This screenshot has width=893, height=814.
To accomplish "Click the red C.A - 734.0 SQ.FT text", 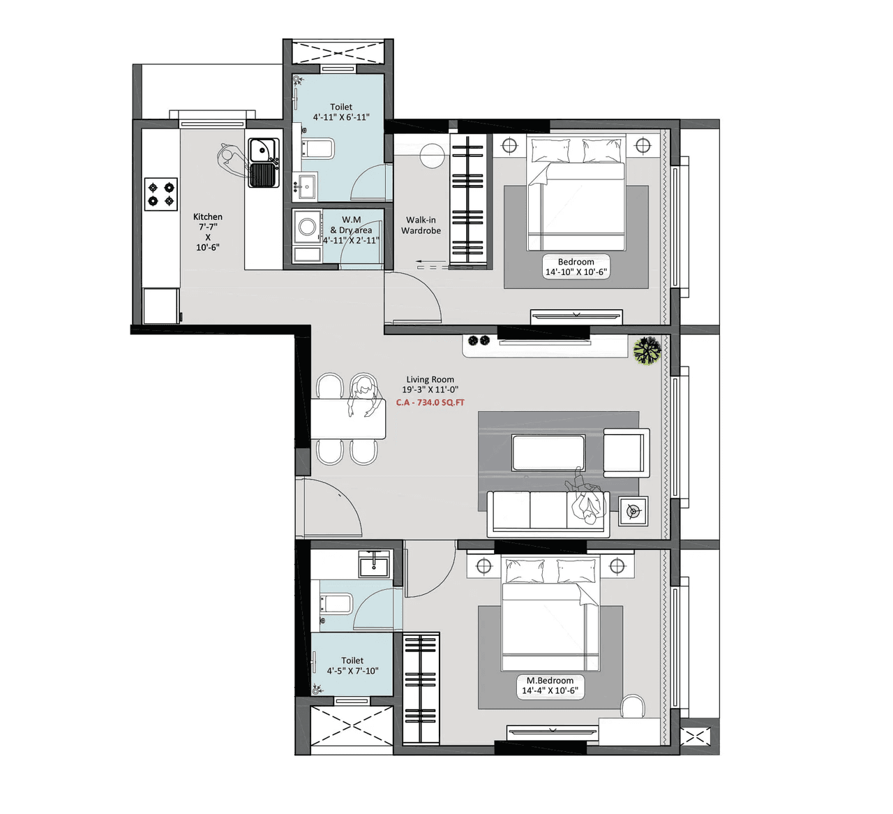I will point(430,403).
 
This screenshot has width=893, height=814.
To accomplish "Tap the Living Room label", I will point(430,380).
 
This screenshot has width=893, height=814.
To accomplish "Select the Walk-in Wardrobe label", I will point(421,225).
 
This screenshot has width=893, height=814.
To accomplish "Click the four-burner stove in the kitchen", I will point(161,194).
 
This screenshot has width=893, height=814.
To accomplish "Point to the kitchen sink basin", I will point(262,149).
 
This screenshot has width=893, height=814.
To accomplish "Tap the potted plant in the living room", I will point(647,350).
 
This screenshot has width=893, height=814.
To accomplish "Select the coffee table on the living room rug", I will point(548,453).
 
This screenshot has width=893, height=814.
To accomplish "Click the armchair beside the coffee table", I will point(626,452).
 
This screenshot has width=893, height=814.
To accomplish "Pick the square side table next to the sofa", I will point(633,512).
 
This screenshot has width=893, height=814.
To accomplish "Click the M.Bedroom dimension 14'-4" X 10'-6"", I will point(550,690).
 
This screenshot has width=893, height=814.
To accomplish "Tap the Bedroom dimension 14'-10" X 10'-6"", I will point(576,272).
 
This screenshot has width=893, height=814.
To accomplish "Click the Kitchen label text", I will point(208,217).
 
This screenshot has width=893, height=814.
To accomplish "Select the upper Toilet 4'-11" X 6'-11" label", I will point(341,112).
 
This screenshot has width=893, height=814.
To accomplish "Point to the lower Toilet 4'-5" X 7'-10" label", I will point(352,666).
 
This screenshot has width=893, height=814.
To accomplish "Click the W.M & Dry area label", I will point(352,230).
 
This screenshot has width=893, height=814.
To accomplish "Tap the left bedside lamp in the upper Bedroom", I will point(510,146).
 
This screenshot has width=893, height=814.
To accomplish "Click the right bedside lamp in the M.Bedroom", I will point(617,566).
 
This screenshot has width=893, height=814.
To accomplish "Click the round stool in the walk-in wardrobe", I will point(432,155).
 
